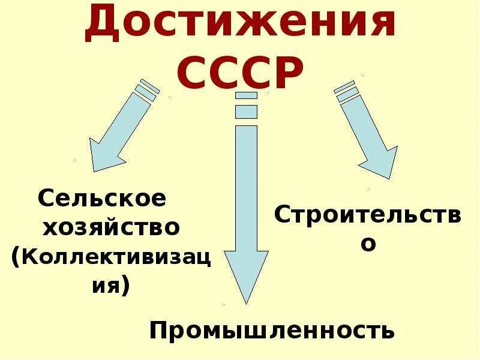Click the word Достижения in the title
coord(240,25)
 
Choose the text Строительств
coord(368,215)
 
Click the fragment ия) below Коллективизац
coord(110,284)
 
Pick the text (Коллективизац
coord(112,256)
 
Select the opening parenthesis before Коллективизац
coord(15,257)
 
